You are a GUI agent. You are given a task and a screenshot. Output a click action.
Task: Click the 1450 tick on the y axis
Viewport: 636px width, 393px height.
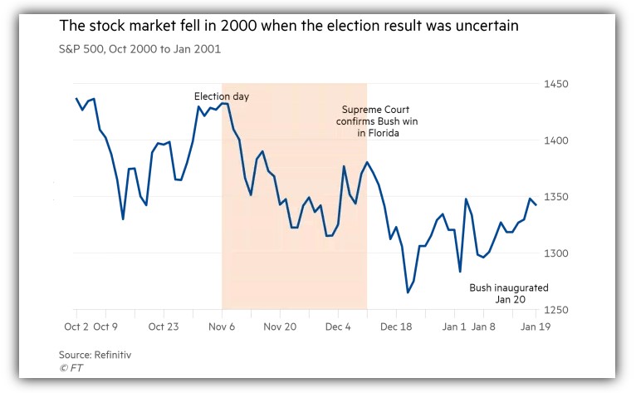(x=556, y=85)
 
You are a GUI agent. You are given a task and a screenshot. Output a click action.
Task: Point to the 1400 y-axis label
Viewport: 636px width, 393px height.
(x=556, y=140)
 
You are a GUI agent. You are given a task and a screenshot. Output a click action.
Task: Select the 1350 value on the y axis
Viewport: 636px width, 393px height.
(x=556, y=197)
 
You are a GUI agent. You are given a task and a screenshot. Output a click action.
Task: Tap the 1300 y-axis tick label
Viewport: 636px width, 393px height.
(x=556, y=253)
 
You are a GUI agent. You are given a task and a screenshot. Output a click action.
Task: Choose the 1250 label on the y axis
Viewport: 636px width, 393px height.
(x=556, y=310)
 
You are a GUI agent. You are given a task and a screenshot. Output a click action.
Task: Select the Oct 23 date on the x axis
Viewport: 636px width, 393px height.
(x=164, y=327)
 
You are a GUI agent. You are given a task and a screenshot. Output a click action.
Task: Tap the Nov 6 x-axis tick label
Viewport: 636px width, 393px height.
(x=222, y=327)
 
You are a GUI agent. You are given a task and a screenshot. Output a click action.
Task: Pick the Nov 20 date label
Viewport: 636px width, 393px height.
(x=281, y=327)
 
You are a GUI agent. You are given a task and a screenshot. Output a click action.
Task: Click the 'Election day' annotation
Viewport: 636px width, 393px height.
(x=222, y=96)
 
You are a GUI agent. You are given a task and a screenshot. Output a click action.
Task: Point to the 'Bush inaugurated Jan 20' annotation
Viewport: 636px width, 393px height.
(x=497, y=293)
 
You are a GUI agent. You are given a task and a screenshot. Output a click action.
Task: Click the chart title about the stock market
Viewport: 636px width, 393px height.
(x=289, y=27)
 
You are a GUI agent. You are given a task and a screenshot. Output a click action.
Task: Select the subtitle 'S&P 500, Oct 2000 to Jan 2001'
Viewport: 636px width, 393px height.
(x=139, y=50)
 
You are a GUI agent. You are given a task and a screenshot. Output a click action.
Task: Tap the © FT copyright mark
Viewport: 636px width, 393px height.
(x=71, y=367)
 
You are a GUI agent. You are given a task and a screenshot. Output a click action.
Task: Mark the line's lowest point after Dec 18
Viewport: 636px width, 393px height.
(x=408, y=292)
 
